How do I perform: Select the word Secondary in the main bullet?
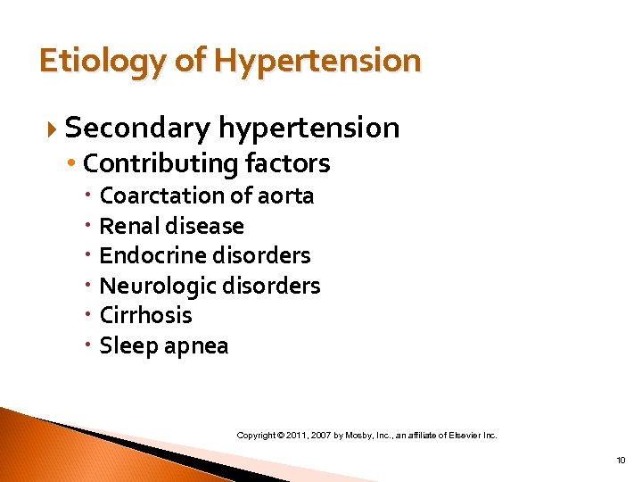tap(136, 128)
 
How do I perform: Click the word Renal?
tap(128, 226)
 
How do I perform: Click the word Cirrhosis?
tap(145, 315)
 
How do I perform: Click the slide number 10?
tap(621, 461)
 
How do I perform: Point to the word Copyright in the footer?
tap(255, 436)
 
